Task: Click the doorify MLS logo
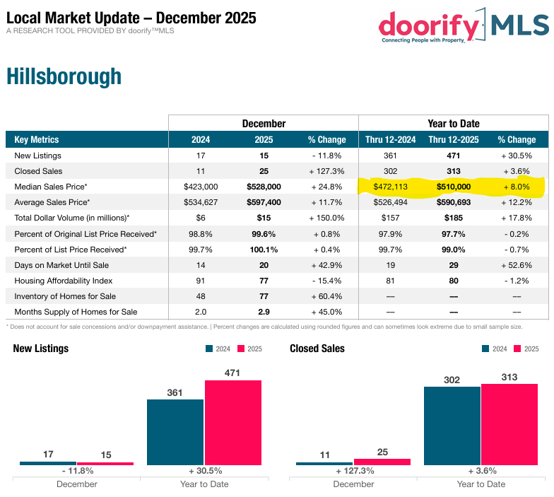[463, 25]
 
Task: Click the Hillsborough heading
[64, 76]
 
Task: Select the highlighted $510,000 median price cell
[452, 187]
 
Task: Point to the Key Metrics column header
[37, 140]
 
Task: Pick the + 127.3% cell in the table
[326, 171]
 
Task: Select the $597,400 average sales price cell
[264, 202]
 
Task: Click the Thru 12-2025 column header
[452, 140]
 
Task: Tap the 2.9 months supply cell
[264, 312]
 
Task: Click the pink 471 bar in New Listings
[232, 422]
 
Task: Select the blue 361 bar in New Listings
[175, 432]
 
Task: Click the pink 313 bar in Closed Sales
[509, 424]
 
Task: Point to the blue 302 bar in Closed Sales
[452, 426]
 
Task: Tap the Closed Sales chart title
[317, 349]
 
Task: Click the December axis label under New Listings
[76, 484]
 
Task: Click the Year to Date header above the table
[452, 124]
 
